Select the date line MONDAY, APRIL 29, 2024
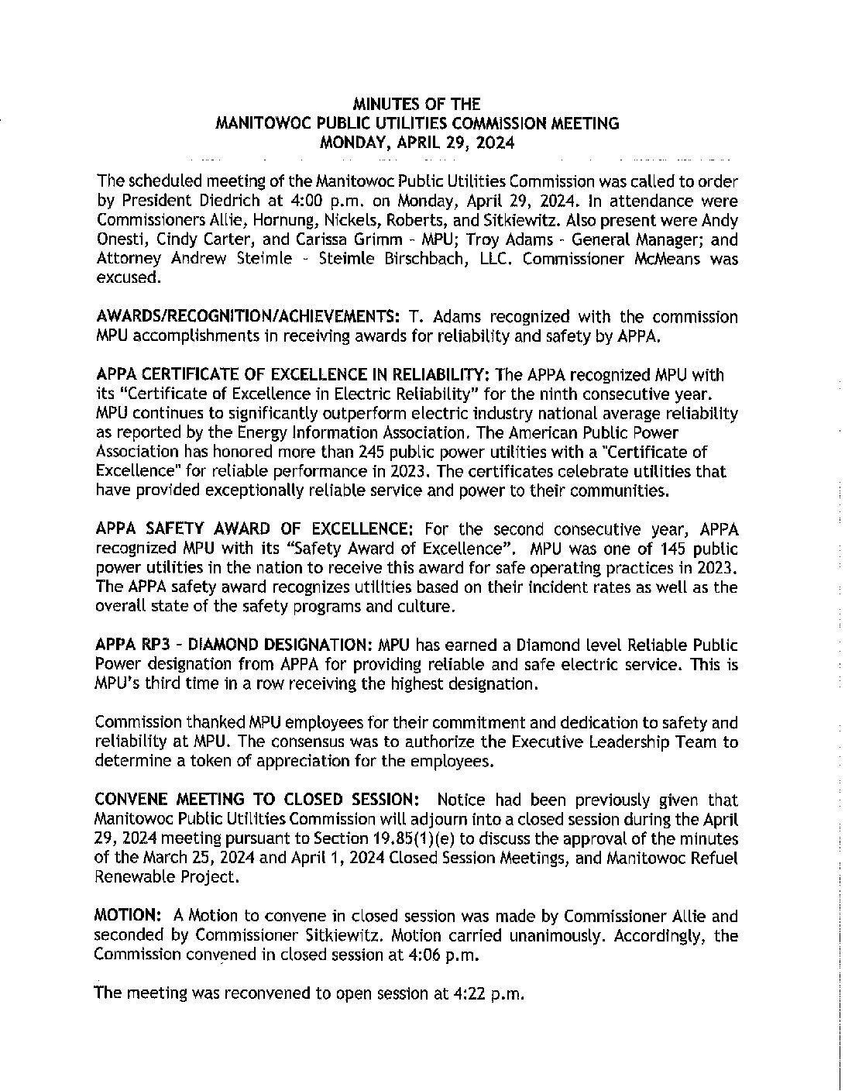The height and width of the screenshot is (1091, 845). click(417, 143)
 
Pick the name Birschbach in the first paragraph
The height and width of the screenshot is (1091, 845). click(414, 259)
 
